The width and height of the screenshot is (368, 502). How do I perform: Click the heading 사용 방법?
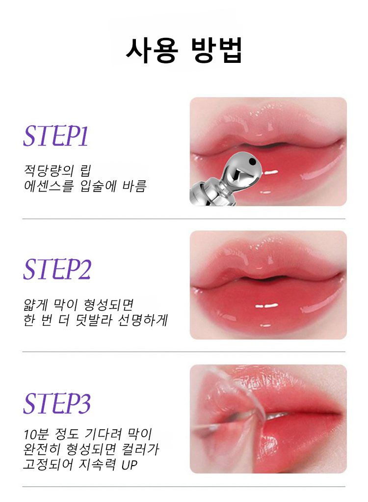point(184,50)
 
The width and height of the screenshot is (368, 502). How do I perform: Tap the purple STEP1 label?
point(55,136)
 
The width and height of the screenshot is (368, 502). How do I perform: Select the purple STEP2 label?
point(57,269)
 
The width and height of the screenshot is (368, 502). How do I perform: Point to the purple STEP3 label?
point(57,403)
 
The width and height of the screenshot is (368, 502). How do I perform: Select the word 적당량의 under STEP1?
point(49,170)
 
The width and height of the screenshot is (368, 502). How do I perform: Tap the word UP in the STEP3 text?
point(130,465)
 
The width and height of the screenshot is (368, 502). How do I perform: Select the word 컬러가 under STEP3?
point(141,449)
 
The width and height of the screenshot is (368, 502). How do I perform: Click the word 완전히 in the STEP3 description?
point(42,449)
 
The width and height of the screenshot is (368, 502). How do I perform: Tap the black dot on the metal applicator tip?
point(252,160)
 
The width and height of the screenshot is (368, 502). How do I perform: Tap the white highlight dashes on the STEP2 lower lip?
point(266,306)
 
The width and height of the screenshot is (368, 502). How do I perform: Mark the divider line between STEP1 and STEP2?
point(184,219)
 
